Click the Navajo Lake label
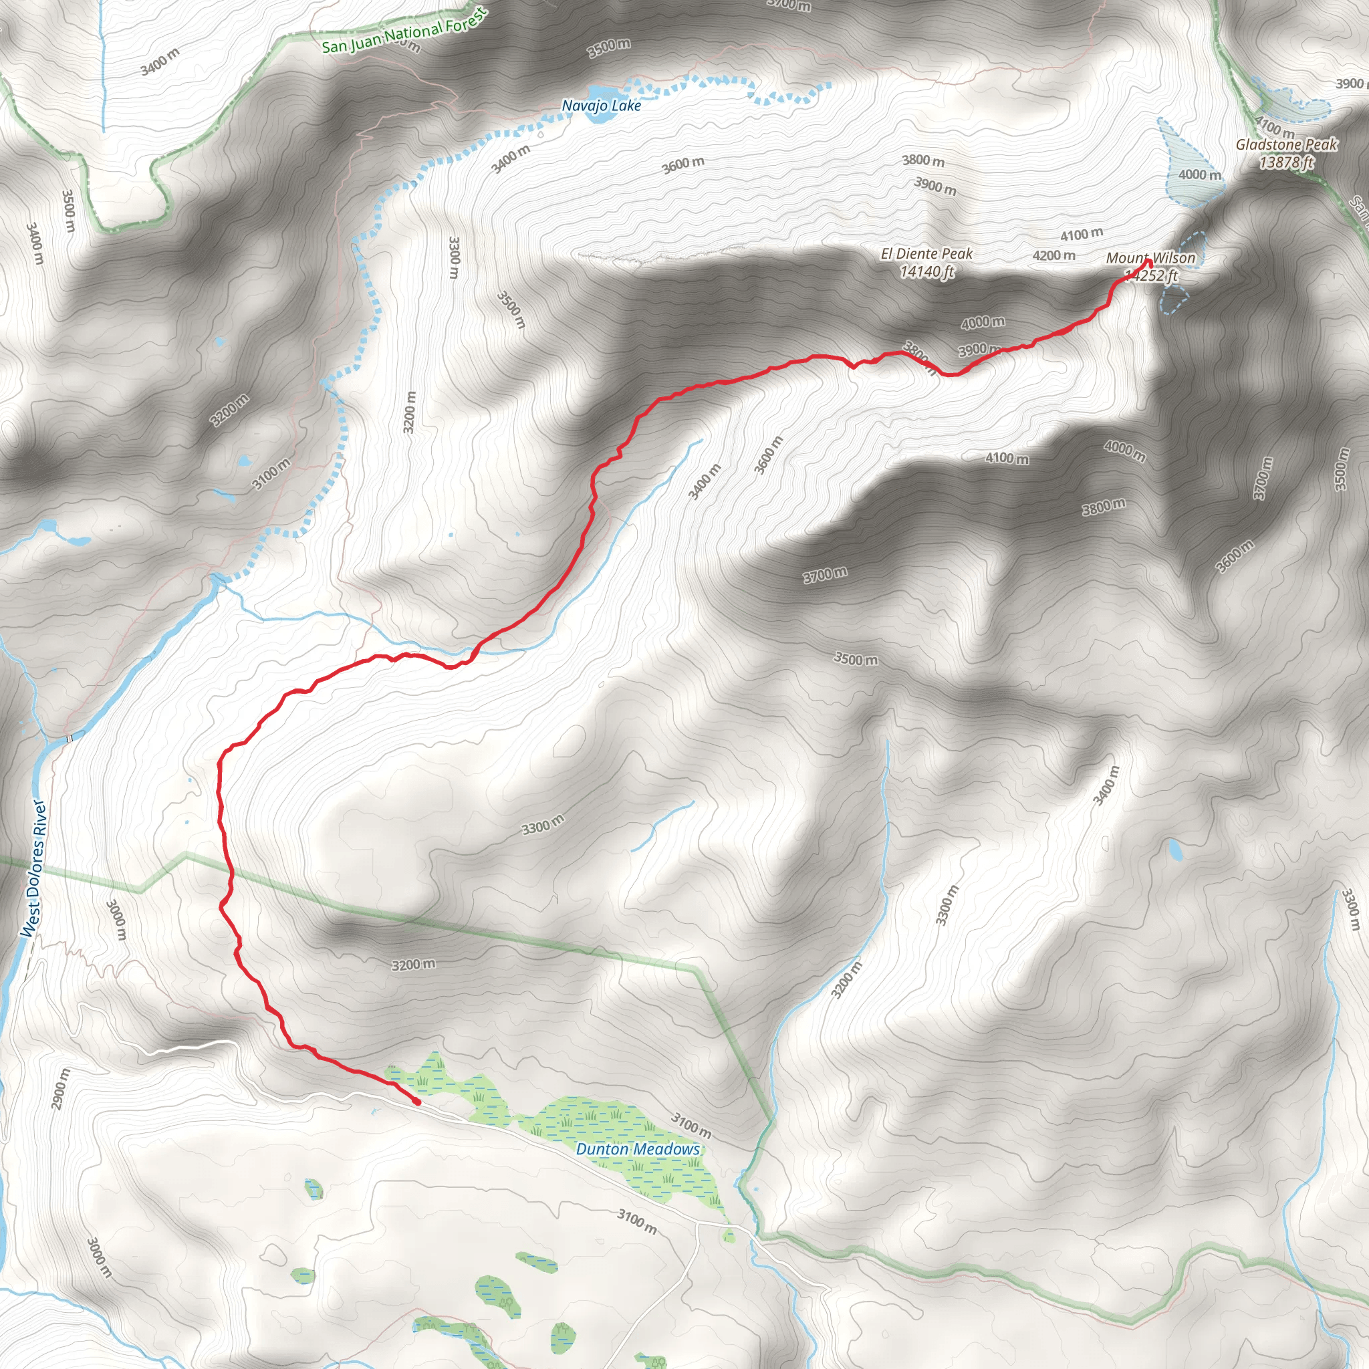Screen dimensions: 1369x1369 click(x=601, y=106)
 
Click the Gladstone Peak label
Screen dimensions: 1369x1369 click(x=1286, y=144)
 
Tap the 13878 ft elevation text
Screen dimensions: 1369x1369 click(x=1286, y=162)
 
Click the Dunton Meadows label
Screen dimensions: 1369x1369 click(x=637, y=1148)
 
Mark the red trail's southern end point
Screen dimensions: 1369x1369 click(x=416, y=1102)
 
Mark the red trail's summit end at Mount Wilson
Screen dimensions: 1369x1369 click(x=1148, y=263)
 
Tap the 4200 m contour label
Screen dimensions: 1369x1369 click(x=1053, y=255)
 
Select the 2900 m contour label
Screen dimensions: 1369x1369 click(x=61, y=1088)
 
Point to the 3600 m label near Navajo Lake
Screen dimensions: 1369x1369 click(x=683, y=164)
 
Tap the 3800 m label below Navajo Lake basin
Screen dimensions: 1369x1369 click(x=922, y=161)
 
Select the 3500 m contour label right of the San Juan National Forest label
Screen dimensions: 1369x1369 click(x=609, y=47)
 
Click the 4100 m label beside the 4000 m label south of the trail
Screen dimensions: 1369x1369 click(x=1007, y=459)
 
